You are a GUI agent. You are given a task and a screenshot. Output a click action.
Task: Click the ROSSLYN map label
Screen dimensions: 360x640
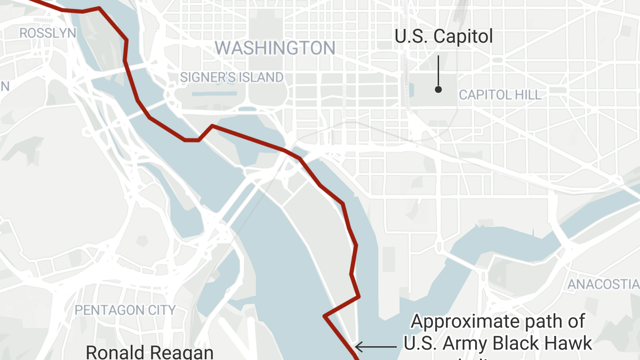tap(47, 33)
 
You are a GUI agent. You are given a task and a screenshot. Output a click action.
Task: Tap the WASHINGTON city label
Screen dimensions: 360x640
tap(275, 48)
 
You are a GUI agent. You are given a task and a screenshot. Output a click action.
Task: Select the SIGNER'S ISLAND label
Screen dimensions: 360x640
tap(231, 77)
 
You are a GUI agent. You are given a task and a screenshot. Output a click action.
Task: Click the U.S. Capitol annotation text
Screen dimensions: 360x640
tap(444, 37)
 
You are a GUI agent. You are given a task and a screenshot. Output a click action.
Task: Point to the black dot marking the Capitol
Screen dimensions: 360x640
tap(438, 90)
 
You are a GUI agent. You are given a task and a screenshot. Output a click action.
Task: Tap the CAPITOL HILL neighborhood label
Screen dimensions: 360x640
tap(500, 95)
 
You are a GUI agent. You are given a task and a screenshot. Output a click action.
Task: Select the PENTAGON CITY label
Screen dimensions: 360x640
tap(125, 310)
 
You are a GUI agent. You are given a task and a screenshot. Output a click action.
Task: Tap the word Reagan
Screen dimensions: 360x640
tap(184, 353)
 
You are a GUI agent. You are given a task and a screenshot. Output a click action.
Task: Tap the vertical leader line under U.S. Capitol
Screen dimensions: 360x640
tap(438, 69)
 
